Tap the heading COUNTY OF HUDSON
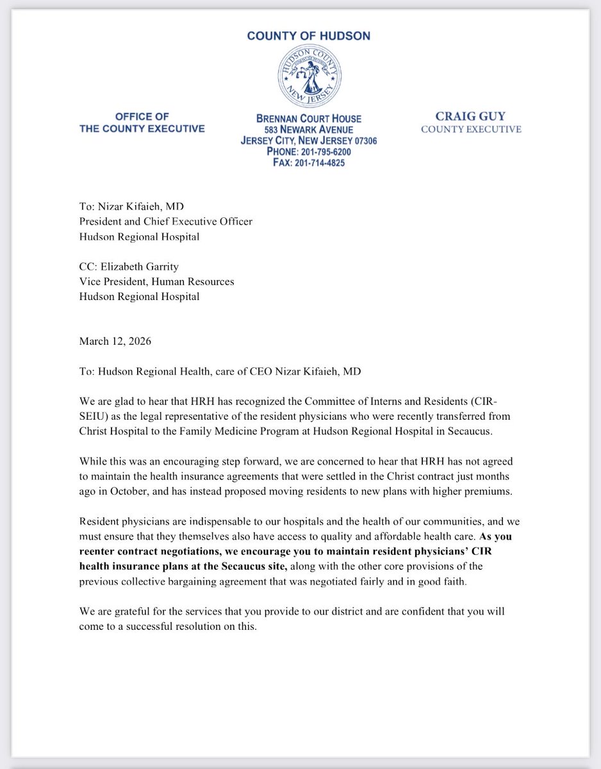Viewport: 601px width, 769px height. click(x=309, y=36)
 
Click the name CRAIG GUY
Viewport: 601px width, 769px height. click(x=470, y=116)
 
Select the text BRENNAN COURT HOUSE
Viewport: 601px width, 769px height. click(x=309, y=119)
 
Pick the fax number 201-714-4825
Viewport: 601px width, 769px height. click(x=316, y=163)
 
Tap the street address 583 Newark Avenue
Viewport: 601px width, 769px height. click(x=309, y=130)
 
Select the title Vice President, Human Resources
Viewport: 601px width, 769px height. click(x=156, y=281)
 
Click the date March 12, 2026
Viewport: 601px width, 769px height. click(x=115, y=341)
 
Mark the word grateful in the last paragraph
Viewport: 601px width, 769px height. click(x=128, y=611)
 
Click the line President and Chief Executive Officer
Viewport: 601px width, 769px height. click(x=165, y=222)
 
